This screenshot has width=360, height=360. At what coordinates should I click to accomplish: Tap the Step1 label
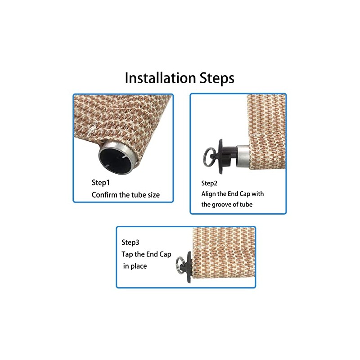coord(101,183)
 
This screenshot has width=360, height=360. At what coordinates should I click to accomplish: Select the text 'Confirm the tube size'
coord(126,195)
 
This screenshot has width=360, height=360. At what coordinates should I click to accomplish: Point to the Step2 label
coord(209,183)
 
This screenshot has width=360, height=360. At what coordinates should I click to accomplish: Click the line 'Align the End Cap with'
coord(233,194)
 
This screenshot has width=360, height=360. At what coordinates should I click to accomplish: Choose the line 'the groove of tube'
coord(227,204)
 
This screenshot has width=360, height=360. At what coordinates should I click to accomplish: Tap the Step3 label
coord(130,243)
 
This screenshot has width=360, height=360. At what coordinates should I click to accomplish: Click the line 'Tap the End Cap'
coord(146,254)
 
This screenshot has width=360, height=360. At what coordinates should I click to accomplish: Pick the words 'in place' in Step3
coord(135,266)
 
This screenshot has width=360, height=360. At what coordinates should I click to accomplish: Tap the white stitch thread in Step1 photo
coord(92,128)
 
